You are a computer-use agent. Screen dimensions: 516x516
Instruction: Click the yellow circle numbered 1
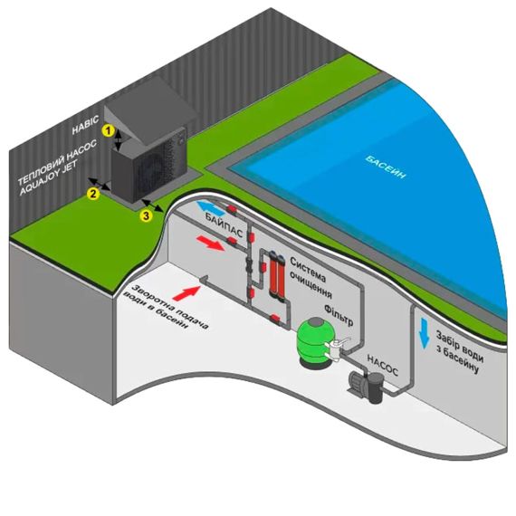click(x=108, y=130)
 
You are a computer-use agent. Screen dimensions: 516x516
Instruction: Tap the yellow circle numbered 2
click(x=93, y=194)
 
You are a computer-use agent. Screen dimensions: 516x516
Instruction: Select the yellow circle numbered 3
click(x=146, y=215)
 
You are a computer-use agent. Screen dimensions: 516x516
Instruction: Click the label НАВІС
click(x=85, y=125)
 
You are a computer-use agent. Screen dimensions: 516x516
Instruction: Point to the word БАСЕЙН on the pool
click(x=386, y=167)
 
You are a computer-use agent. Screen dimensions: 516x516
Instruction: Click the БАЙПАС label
click(x=225, y=225)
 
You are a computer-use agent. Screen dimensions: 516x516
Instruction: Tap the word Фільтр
click(x=339, y=314)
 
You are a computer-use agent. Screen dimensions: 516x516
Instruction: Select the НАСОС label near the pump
click(x=382, y=365)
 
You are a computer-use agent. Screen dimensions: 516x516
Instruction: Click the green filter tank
click(x=313, y=341)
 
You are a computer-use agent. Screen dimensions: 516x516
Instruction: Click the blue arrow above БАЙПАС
click(x=210, y=207)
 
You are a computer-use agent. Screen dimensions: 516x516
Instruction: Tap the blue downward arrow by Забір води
click(x=424, y=333)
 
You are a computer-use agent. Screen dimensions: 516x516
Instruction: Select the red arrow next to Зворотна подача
click(x=186, y=292)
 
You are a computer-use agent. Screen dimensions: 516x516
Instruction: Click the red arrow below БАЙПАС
click(x=210, y=243)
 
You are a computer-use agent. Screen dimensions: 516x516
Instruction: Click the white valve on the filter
click(x=337, y=349)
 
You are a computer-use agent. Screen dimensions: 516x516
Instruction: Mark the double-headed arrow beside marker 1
click(x=119, y=139)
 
